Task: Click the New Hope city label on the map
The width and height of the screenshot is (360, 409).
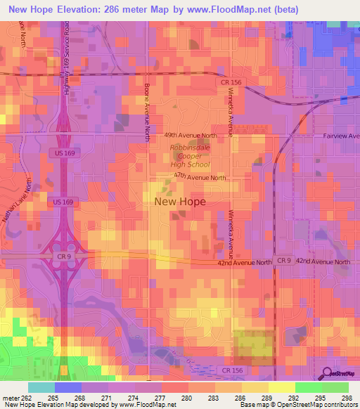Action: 179,202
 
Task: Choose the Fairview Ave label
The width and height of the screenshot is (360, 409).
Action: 341,136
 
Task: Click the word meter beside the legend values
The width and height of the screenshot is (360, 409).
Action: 11,398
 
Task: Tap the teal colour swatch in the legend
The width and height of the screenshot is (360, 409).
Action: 41,387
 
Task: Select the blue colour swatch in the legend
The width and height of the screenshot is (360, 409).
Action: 67,387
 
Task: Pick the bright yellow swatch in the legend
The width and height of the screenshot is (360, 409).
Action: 281,387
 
